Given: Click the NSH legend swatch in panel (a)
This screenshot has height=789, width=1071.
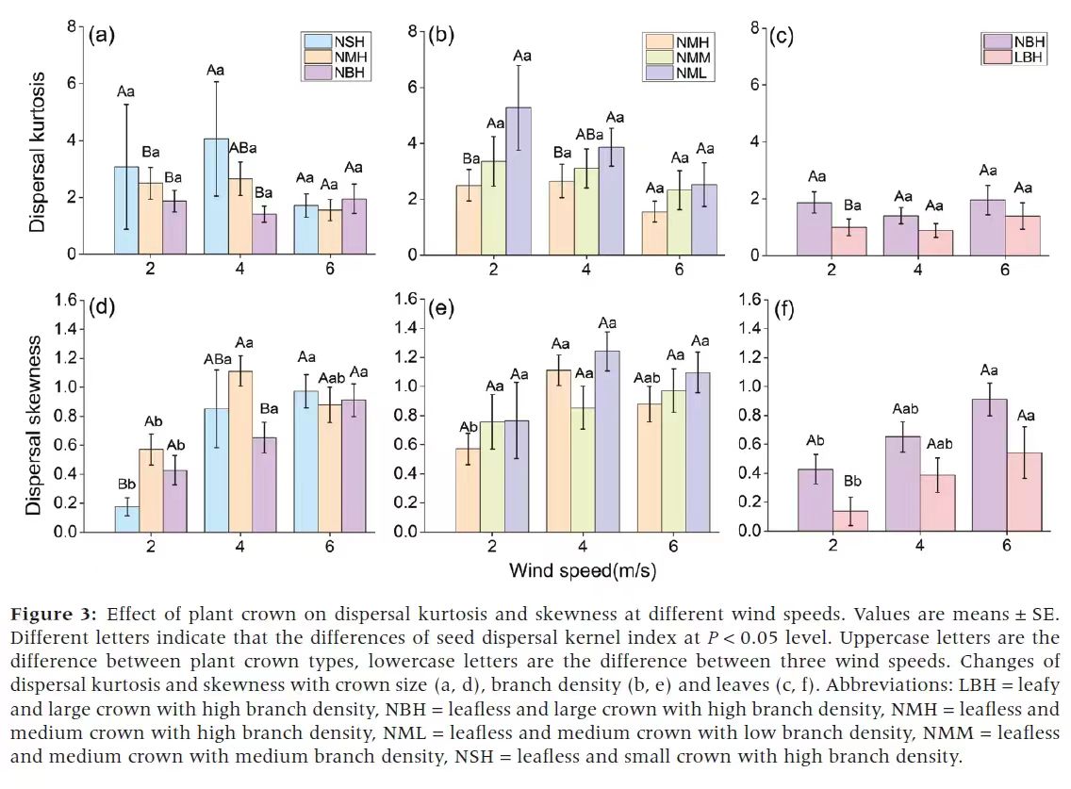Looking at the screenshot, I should click(x=317, y=41).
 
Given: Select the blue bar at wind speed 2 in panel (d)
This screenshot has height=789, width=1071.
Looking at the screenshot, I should click(x=126, y=519).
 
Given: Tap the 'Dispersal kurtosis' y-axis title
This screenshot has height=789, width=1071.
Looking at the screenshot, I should click(x=37, y=151).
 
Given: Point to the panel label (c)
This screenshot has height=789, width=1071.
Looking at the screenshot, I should click(x=782, y=37).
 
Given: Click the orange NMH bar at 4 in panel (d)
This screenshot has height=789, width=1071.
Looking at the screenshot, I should click(x=240, y=451).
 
